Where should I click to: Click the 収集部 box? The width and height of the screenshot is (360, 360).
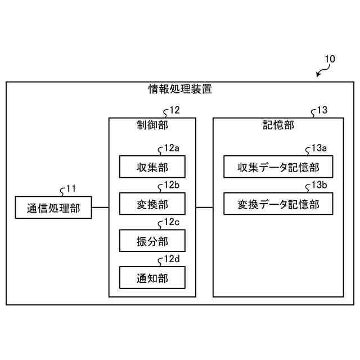(x=152, y=166)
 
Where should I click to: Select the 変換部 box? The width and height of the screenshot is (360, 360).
(x=152, y=204)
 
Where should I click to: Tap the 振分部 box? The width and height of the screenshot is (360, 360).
(x=152, y=241)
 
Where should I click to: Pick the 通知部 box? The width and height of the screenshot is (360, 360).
(x=152, y=277)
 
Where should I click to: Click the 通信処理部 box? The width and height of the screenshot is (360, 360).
(x=53, y=208)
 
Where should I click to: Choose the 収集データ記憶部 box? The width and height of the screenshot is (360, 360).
(x=278, y=166)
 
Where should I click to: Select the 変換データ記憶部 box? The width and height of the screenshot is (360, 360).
(x=278, y=204)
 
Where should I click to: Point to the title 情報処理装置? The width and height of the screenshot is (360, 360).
(x=180, y=89)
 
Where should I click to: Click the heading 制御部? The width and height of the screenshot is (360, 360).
(x=152, y=125)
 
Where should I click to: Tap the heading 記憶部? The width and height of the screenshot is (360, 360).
(x=278, y=125)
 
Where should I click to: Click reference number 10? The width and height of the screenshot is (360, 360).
(x=330, y=58)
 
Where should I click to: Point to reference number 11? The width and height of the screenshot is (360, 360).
(x=71, y=189)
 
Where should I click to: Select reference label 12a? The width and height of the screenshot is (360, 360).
(x=172, y=148)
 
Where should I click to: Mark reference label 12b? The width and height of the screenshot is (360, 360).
(x=172, y=185)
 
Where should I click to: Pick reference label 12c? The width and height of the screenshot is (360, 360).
(x=172, y=222)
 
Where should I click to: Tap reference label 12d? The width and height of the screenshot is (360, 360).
(x=172, y=259)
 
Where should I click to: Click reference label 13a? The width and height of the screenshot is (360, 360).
(x=319, y=148)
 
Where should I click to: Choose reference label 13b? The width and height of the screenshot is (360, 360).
(x=319, y=185)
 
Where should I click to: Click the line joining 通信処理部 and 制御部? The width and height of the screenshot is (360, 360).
(x=100, y=208)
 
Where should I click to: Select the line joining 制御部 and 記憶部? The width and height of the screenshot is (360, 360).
(x=204, y=208)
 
